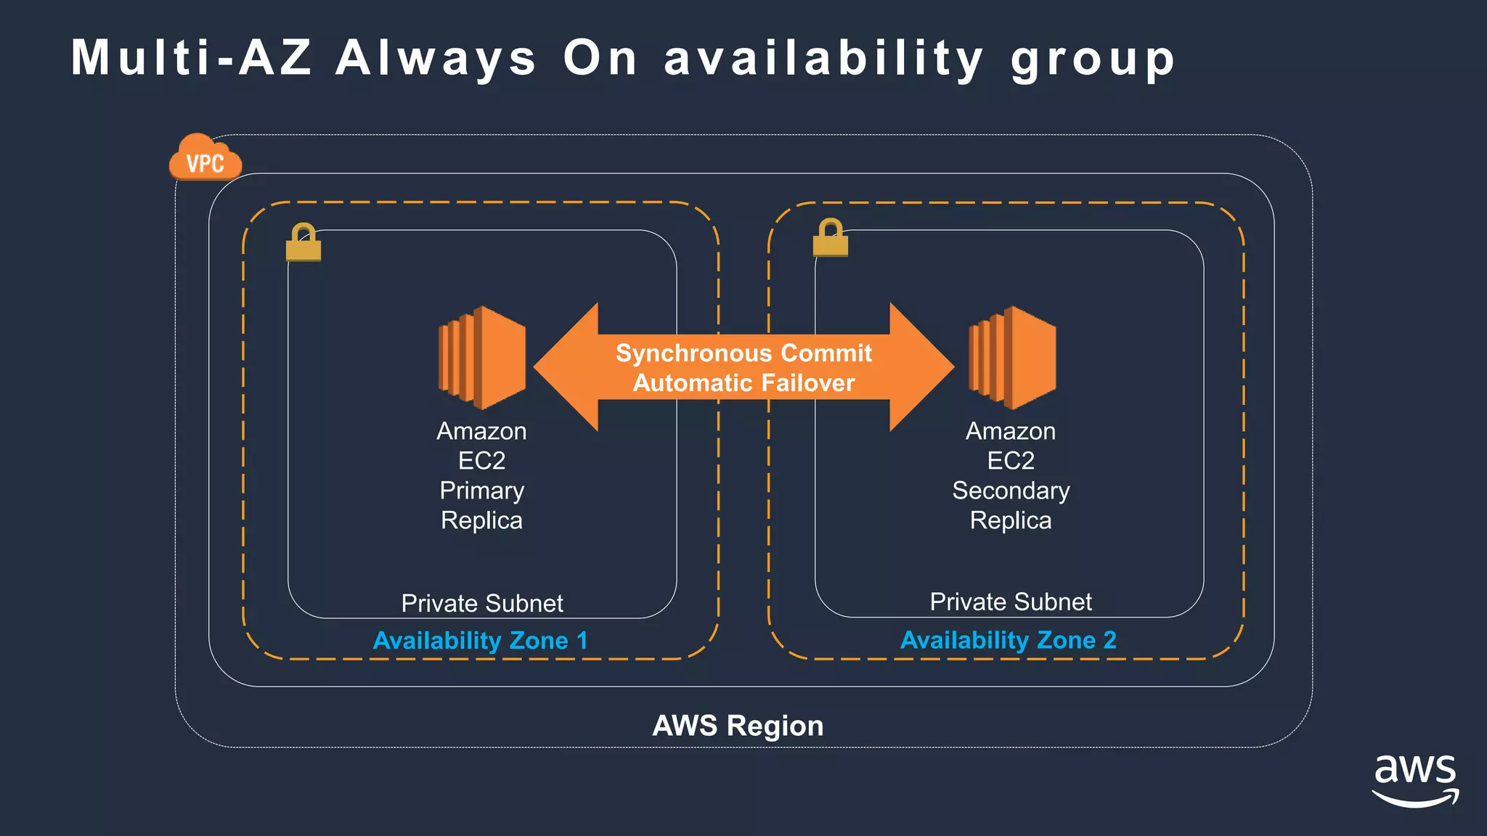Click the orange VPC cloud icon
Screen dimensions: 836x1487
pos(205,159)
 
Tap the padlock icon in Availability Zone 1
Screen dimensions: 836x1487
pos(303,243)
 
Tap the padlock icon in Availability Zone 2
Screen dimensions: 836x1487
pos(830,238)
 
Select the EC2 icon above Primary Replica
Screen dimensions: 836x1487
pos(481,357)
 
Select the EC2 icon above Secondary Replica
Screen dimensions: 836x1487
pos(1011,357)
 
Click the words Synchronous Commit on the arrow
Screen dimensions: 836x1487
pos(743,353)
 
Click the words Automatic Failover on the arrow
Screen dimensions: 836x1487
pos(743,383)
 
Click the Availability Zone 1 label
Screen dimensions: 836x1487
pos(480,641)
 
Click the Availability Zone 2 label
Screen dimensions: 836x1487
pos(1008,640)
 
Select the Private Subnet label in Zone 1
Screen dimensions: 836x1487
pos(482,603)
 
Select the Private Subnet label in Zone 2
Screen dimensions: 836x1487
pos(1011,602)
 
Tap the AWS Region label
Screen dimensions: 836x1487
pos(738,726)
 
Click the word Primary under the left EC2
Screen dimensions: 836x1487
pos(481,491)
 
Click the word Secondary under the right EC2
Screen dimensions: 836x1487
pos(1011,491)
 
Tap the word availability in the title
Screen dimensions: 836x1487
pos(824,58)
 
